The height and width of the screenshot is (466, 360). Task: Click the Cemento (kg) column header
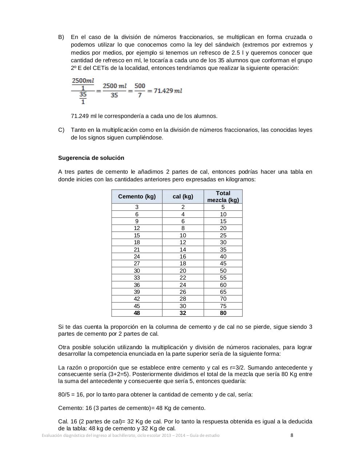pyautogui.click(x=137, y=197)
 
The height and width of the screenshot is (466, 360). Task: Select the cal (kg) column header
pyautogui.click(x=183, y=197)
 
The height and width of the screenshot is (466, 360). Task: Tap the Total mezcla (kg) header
pyautogui.click(x=223, y=197)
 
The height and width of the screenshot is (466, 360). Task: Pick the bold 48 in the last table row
pyautogui.click(x=137, y=313)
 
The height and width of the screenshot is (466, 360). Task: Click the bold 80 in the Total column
pyautogui.click(x=223, y=313)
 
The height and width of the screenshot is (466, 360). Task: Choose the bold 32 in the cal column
pyautogui.click(x=183, y=313)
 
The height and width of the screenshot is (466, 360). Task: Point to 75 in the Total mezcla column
pyautogui.click(x=223, y=306)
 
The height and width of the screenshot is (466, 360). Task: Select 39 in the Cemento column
pyautogui.click(x=137, y=292)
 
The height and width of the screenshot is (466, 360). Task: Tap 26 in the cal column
pyautogui.click(x=183, y=292)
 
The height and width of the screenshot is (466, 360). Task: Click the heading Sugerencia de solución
pyautogui.click(x=91, y=158)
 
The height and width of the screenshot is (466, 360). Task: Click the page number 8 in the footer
pyautogui.click(x=292, y=435)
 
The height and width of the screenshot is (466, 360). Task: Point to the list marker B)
pyautogui.click(x=61, y=37)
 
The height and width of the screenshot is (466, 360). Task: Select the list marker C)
pyautogui.click(x=61, y=130)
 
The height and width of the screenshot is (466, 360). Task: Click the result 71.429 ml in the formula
pyautogui.click(x=168, y=91)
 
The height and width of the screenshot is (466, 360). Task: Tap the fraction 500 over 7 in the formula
pyautogui.click(x=140, y=90)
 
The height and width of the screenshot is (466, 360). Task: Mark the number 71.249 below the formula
pyautogui.click(x=80, y=116)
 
